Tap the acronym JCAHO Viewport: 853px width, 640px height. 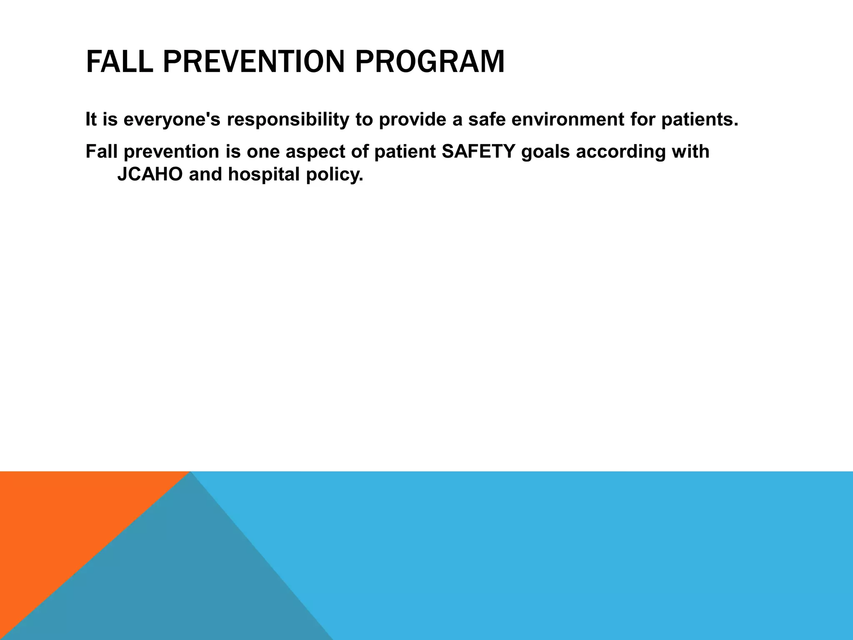pyautogui.click(x=150, y=175)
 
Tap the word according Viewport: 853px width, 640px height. pyautogui.click(x=621, y=152)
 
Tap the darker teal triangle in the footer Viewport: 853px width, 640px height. pyautogui.click(x=187, y=583)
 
